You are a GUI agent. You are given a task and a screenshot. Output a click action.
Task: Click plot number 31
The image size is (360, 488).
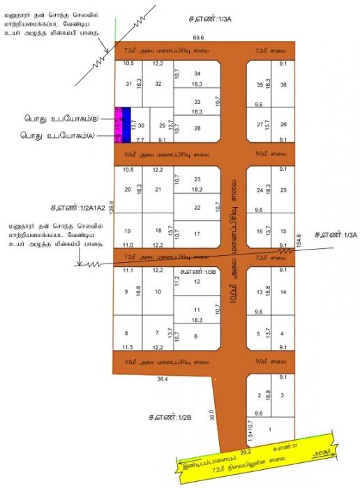(128, 84)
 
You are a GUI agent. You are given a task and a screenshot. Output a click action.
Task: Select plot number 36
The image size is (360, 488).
(283, 84)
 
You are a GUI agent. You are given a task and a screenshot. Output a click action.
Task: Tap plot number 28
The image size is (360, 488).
(197, 128)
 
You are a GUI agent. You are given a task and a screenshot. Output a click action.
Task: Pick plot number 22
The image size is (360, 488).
(197, 207)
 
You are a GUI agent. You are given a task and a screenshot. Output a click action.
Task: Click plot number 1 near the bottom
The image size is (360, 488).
(271, 430)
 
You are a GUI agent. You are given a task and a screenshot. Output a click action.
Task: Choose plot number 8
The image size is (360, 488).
(126, 333)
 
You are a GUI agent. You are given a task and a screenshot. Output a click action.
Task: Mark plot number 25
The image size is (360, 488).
(283, 190)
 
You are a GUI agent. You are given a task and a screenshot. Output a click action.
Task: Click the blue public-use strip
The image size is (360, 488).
(127, 125)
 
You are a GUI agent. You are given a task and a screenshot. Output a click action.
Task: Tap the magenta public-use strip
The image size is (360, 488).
(119, 125)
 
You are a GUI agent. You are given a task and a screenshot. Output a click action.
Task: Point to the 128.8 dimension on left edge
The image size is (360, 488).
(111, 206)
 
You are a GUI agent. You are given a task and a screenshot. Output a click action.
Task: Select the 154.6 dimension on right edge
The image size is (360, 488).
(299, 240)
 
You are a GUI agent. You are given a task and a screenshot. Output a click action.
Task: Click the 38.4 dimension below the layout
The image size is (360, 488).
(163, 379)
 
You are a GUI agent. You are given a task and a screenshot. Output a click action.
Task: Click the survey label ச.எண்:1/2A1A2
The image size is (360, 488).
(77, 208)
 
